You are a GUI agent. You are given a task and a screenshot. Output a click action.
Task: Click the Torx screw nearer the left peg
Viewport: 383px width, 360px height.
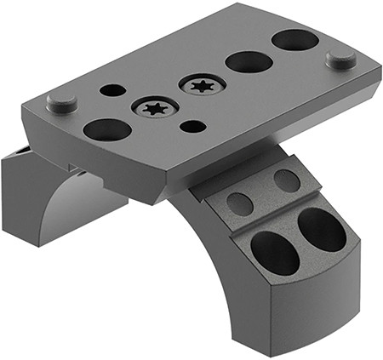pyautogui.click(x=153, y=109)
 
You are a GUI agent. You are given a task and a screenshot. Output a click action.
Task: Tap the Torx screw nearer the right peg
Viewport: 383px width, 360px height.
pyautogui.click(x=203, y=85)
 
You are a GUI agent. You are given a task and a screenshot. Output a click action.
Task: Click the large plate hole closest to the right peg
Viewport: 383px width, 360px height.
pyautogui.click(x=294, y=39)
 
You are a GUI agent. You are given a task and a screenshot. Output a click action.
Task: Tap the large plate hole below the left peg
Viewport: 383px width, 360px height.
pyautogui.click(x=107, y=129)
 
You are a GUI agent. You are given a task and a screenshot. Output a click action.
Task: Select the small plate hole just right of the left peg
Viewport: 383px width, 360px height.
pyautogui.click(x=112, y=89)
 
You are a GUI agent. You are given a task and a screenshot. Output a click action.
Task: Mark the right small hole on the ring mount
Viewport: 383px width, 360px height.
pyautogui.click(x=287, y=180)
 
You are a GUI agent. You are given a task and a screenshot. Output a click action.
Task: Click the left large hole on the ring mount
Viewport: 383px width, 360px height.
pyautogui.click(x=274, y=253)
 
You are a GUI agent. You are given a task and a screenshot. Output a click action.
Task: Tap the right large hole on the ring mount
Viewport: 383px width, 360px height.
pyautogui.click(x=322, y=229)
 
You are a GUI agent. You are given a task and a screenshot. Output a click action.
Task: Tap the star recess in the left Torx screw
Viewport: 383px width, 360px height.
pyautogui.click(x=153, y=109)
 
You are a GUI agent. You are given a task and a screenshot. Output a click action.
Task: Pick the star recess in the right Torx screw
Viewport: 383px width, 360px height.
pyautogui.click(x=203, y=85)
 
